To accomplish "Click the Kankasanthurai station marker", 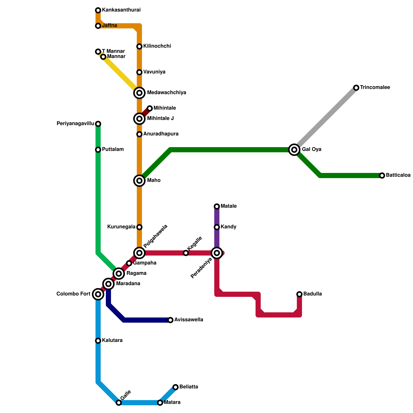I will pyautogui.click(x=98, y=10).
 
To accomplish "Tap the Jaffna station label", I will pyautogui.click(x=109, y=26).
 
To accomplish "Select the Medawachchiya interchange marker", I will pyautogui.click(x=139, y=93).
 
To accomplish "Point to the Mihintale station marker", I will pyautogui.click(x=150, y=108).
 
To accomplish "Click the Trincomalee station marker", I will pyautogui.click(x=356, y=88).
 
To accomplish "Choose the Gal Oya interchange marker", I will pyautogui.click(x=294, y=150).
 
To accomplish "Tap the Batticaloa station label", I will pyautogui.click(x=398, y=175).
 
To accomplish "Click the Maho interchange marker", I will pyautogui.click(x=139, y=181).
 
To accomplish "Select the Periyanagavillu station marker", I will pyautogui.click(x=98, y=124).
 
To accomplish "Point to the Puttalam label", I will pyautogui.click(x=113, y=149).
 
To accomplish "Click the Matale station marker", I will pyautogui.click(x=217, y=206).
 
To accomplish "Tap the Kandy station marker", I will pyautogui.click(x=217, y=227).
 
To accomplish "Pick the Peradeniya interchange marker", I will pyautogui.click(x=217, y=253).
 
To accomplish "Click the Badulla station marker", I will pyautogui.click(x=299, y=294).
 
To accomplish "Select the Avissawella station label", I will pyautogui.click(x=188, y=320).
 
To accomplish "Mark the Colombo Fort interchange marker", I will pyautogui.click(x=98, y=294).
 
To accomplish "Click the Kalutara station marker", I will pyautogui.click(x=98, y=341).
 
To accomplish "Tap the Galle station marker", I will pyautogui.click(x=119, y=403).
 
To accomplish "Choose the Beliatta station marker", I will pyautogui.click(x=176, y=387).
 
